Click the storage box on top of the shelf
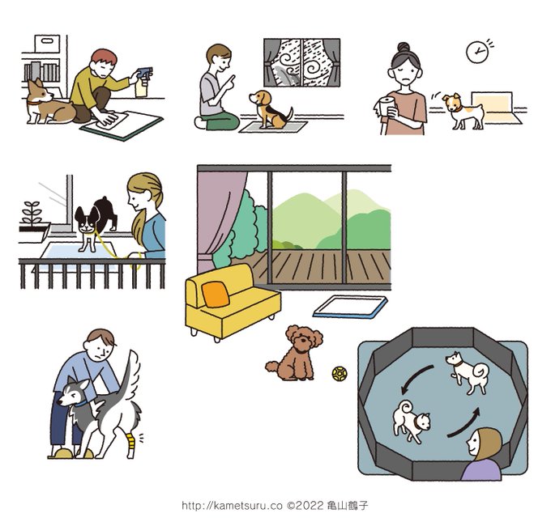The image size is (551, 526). [x=47, y=44]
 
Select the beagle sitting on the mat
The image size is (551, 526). [x=270, y=109]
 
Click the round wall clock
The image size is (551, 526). [x=476, y=52]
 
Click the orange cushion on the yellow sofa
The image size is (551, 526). [x=216, y=295]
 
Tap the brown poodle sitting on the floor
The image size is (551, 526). [x=295, y=354]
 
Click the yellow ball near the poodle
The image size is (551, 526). [x=340, y=374]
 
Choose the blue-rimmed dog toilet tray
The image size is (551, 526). [x=350, y=307]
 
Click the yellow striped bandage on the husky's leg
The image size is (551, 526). [x=130, y=441]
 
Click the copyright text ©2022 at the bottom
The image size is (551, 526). [x=305, y=506]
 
